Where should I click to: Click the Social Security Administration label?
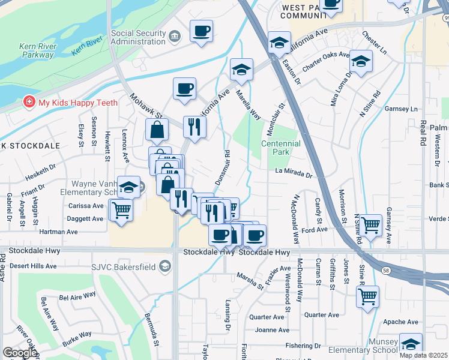pyautogui.click(x=138, y=37)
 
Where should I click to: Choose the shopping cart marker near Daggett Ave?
pyautogui.click(x=122, y=211)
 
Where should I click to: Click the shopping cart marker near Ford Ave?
pyautogui.click(x=371, y=226)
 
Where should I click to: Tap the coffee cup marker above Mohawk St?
pyautogui.click(x=184, y=89)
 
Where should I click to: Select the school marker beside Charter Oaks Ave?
pyautogui.click(x=361, y=62)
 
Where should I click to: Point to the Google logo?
pyautogui.click(x=19, y=353)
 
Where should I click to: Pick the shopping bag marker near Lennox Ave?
pyautogui.click(x=157, y=130)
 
